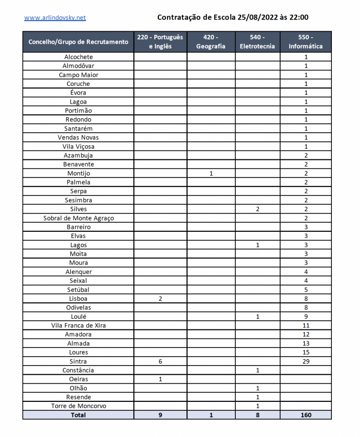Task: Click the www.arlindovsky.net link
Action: click(x=55, y=18)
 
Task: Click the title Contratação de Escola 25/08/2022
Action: click(x=233, y=18)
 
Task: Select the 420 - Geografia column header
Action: click(x=211, y=42)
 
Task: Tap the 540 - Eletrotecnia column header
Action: click(x=257, y=42)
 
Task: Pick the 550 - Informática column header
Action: click(x=306, y=42)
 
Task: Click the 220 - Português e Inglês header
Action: click(x=160, y=42)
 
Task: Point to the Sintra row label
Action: click(x=78, y=361)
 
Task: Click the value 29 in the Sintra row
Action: click(x=306, y=361)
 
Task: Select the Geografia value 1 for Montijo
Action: click(x=211, y=173)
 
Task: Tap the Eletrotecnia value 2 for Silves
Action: click(x=257, y=209)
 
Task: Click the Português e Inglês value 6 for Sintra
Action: click(x=160, y=361)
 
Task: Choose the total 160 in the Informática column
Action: click(x=306, y=415)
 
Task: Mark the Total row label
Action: click(x=78, y=415)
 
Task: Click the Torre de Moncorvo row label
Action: click(x=78, y=406)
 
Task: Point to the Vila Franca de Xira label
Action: click(x=78, y=325)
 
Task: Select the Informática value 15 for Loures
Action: click(x=306, y=353)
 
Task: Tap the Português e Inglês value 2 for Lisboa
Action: click(x=160, y=299)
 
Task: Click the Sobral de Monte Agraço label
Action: click(x=78, y=218)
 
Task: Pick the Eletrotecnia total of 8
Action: click(x=257, y=415)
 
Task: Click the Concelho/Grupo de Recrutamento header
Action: click(x=78, y=42)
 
